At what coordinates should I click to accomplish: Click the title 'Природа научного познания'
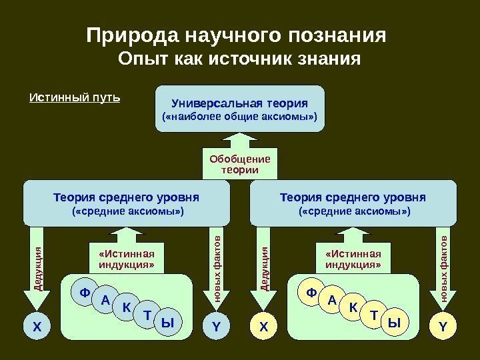[x=237, y=34]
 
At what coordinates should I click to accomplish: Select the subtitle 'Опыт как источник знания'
[x=239, y=60]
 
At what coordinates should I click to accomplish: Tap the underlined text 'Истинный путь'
[x=75, y=99]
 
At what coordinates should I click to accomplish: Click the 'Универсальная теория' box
[x=240, y=109]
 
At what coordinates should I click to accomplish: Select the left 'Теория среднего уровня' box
[x=127, y=204]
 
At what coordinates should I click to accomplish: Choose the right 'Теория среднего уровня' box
[x=353, y=204]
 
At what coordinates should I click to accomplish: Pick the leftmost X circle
[x=37, y=327]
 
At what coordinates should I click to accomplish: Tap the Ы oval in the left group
[x=167, y=323]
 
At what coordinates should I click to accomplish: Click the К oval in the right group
[x=353, y=308]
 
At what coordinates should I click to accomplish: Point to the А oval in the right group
[x=332, y=300]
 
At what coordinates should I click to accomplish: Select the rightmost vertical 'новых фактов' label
[x=443, y=263]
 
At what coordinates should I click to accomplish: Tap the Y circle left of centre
[x=216, y=327]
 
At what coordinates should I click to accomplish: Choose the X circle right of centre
[x=263, y=327]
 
